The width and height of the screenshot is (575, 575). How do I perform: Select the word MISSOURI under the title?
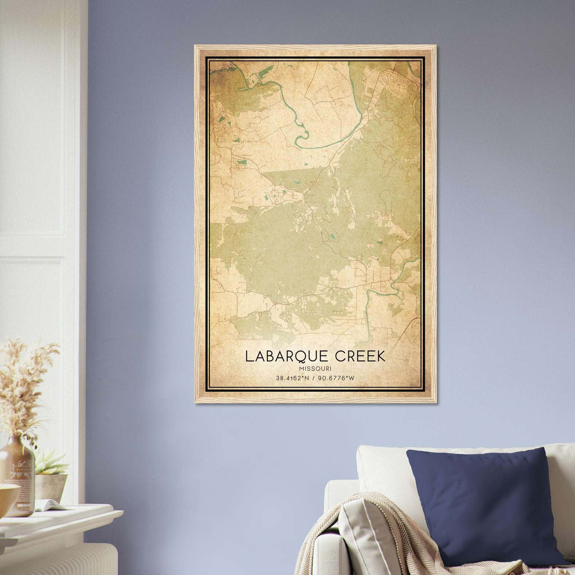[315, 368]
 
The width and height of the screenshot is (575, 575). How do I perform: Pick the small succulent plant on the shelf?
[50, 464]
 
